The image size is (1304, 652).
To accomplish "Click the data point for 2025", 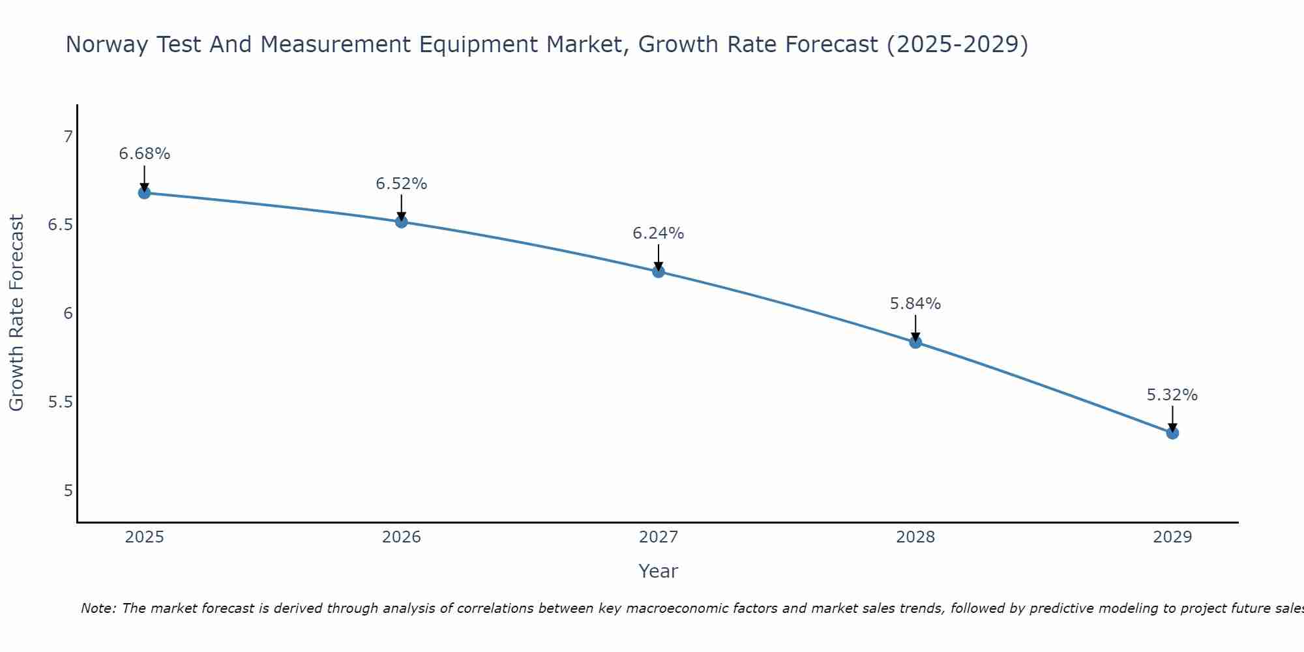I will [144, 193].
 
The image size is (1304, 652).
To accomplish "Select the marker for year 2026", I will [401, 222].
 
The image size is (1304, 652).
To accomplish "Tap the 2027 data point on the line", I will [658, 271].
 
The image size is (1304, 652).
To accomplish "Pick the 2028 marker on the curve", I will [915, 342].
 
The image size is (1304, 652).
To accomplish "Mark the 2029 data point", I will [1172, 433].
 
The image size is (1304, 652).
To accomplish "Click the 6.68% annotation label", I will [144, 154].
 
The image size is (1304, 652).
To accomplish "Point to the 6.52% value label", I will [401, 184].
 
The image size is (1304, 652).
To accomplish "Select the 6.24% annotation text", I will [658, 233].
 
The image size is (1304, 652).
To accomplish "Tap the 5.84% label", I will [915, 304].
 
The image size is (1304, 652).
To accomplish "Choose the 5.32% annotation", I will [1172, 395].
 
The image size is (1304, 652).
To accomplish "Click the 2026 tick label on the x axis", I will [401, 537].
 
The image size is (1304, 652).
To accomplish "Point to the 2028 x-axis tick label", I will [915, 537].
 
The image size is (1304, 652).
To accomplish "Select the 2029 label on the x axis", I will [1172, 537].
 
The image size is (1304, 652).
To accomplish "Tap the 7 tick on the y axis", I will [68, 137].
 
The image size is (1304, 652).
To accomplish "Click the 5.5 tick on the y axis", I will [61, 402].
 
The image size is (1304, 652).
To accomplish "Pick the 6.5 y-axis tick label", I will [61, 226].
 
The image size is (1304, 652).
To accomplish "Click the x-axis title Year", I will [658, 571].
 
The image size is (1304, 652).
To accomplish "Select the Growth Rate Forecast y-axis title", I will [16, 313].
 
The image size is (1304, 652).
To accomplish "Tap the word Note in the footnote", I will [97, 608].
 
